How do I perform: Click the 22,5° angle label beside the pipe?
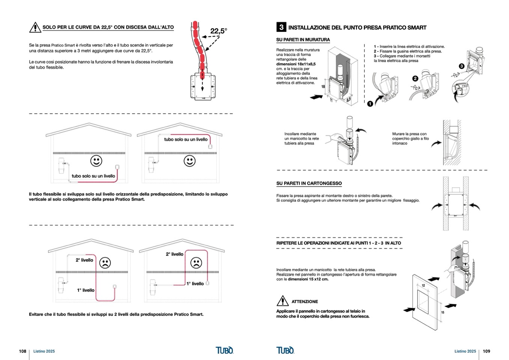click(x=218, y=31)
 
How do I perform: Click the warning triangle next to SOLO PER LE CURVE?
click(x=35, y=27)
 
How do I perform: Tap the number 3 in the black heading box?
click(x=281, y=27)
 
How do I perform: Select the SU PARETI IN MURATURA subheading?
click(x=303, y=39)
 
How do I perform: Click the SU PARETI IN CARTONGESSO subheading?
click(x=309, y=183)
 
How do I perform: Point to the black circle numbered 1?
click(x=370, y=104)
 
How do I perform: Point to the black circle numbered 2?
click(x=415, y=78)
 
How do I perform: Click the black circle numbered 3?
click(x=461, y=66)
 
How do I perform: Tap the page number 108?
click(x=23, y=351)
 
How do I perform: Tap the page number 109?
click(x=486, y=351)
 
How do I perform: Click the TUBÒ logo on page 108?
click(x=224, y=350)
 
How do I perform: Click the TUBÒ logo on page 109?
click(x=285, y=350)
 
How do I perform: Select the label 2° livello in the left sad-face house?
click(x=84, y=260)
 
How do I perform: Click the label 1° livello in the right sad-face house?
click(x=195, y=284)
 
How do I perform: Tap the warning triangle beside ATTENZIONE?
click(x=282, y=301)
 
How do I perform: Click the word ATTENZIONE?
click(x=304, y=301)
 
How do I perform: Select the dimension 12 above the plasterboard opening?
click(x=423, y=286)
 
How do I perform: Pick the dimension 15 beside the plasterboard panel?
click(x=443, y=312)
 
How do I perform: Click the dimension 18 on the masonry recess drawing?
click(x=323, y=87)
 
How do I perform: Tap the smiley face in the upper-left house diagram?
click(x=96, y=161)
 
